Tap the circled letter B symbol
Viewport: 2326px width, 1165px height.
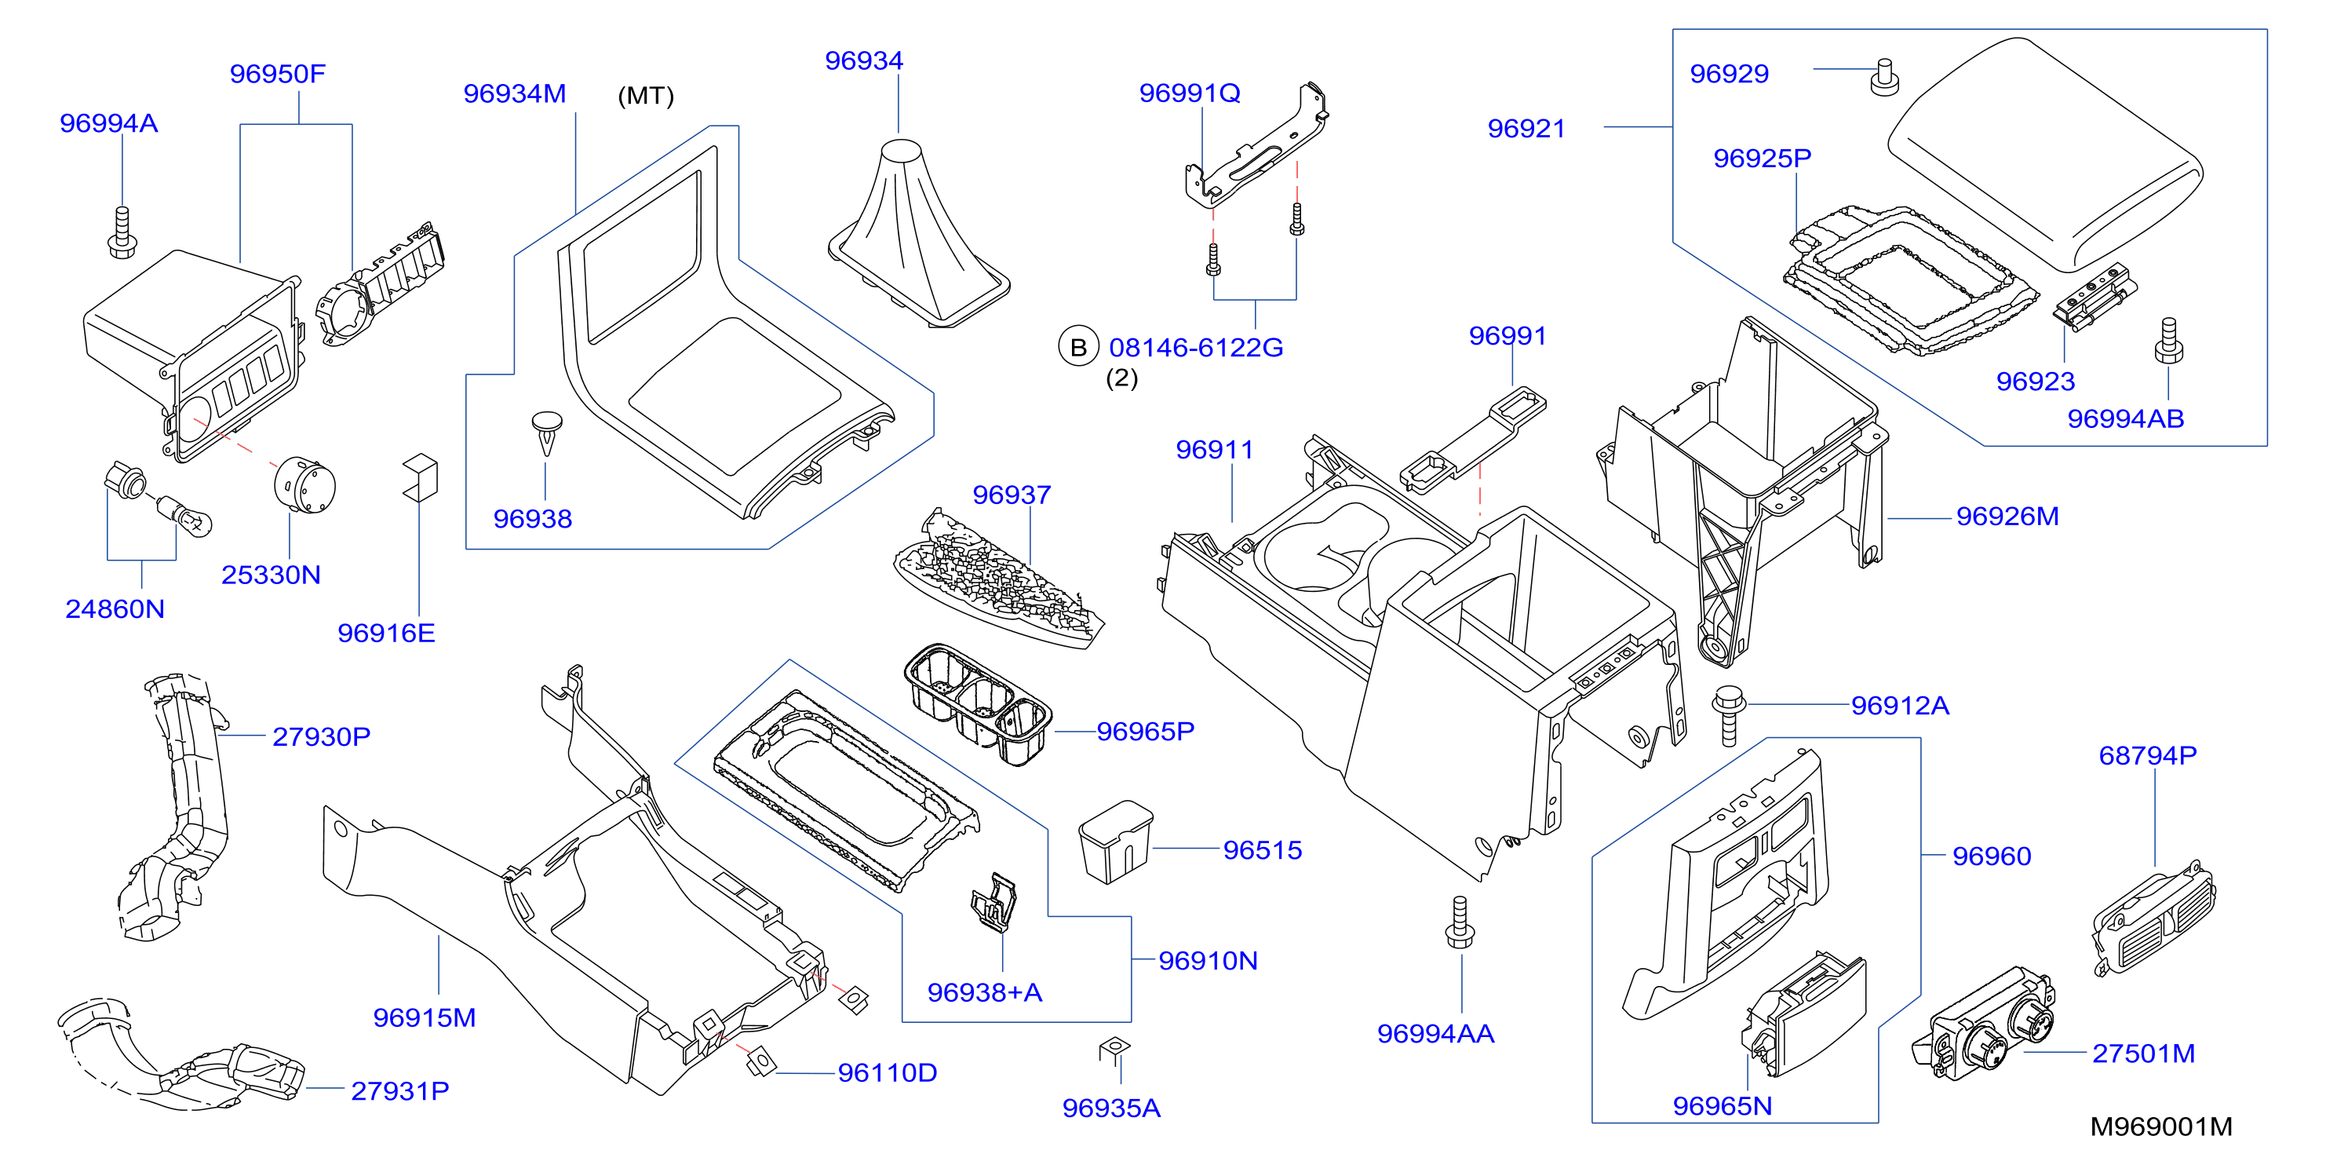click(1078, 347)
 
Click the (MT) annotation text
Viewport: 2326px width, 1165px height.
click(646, 96)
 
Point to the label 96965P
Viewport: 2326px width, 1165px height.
click(1145, 731)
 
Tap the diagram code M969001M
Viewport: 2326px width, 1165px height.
click(2160, 1127)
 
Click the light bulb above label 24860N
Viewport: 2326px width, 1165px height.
click(185, 516)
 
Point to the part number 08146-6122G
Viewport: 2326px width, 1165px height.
click(1195, 348)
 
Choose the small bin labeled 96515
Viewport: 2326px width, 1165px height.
click(1116, 842)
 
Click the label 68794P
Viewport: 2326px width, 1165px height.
click(2147, 755)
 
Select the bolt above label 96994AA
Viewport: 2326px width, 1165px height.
click(1460, 922)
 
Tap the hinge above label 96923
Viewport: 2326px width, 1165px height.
click(2094, 295)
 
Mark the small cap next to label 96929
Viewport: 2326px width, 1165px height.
click(1883, 77)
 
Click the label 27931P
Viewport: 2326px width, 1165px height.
click(400, 1091)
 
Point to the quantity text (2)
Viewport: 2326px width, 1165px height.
click(1121, 378)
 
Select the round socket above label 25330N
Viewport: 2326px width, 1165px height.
click(305, 485)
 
